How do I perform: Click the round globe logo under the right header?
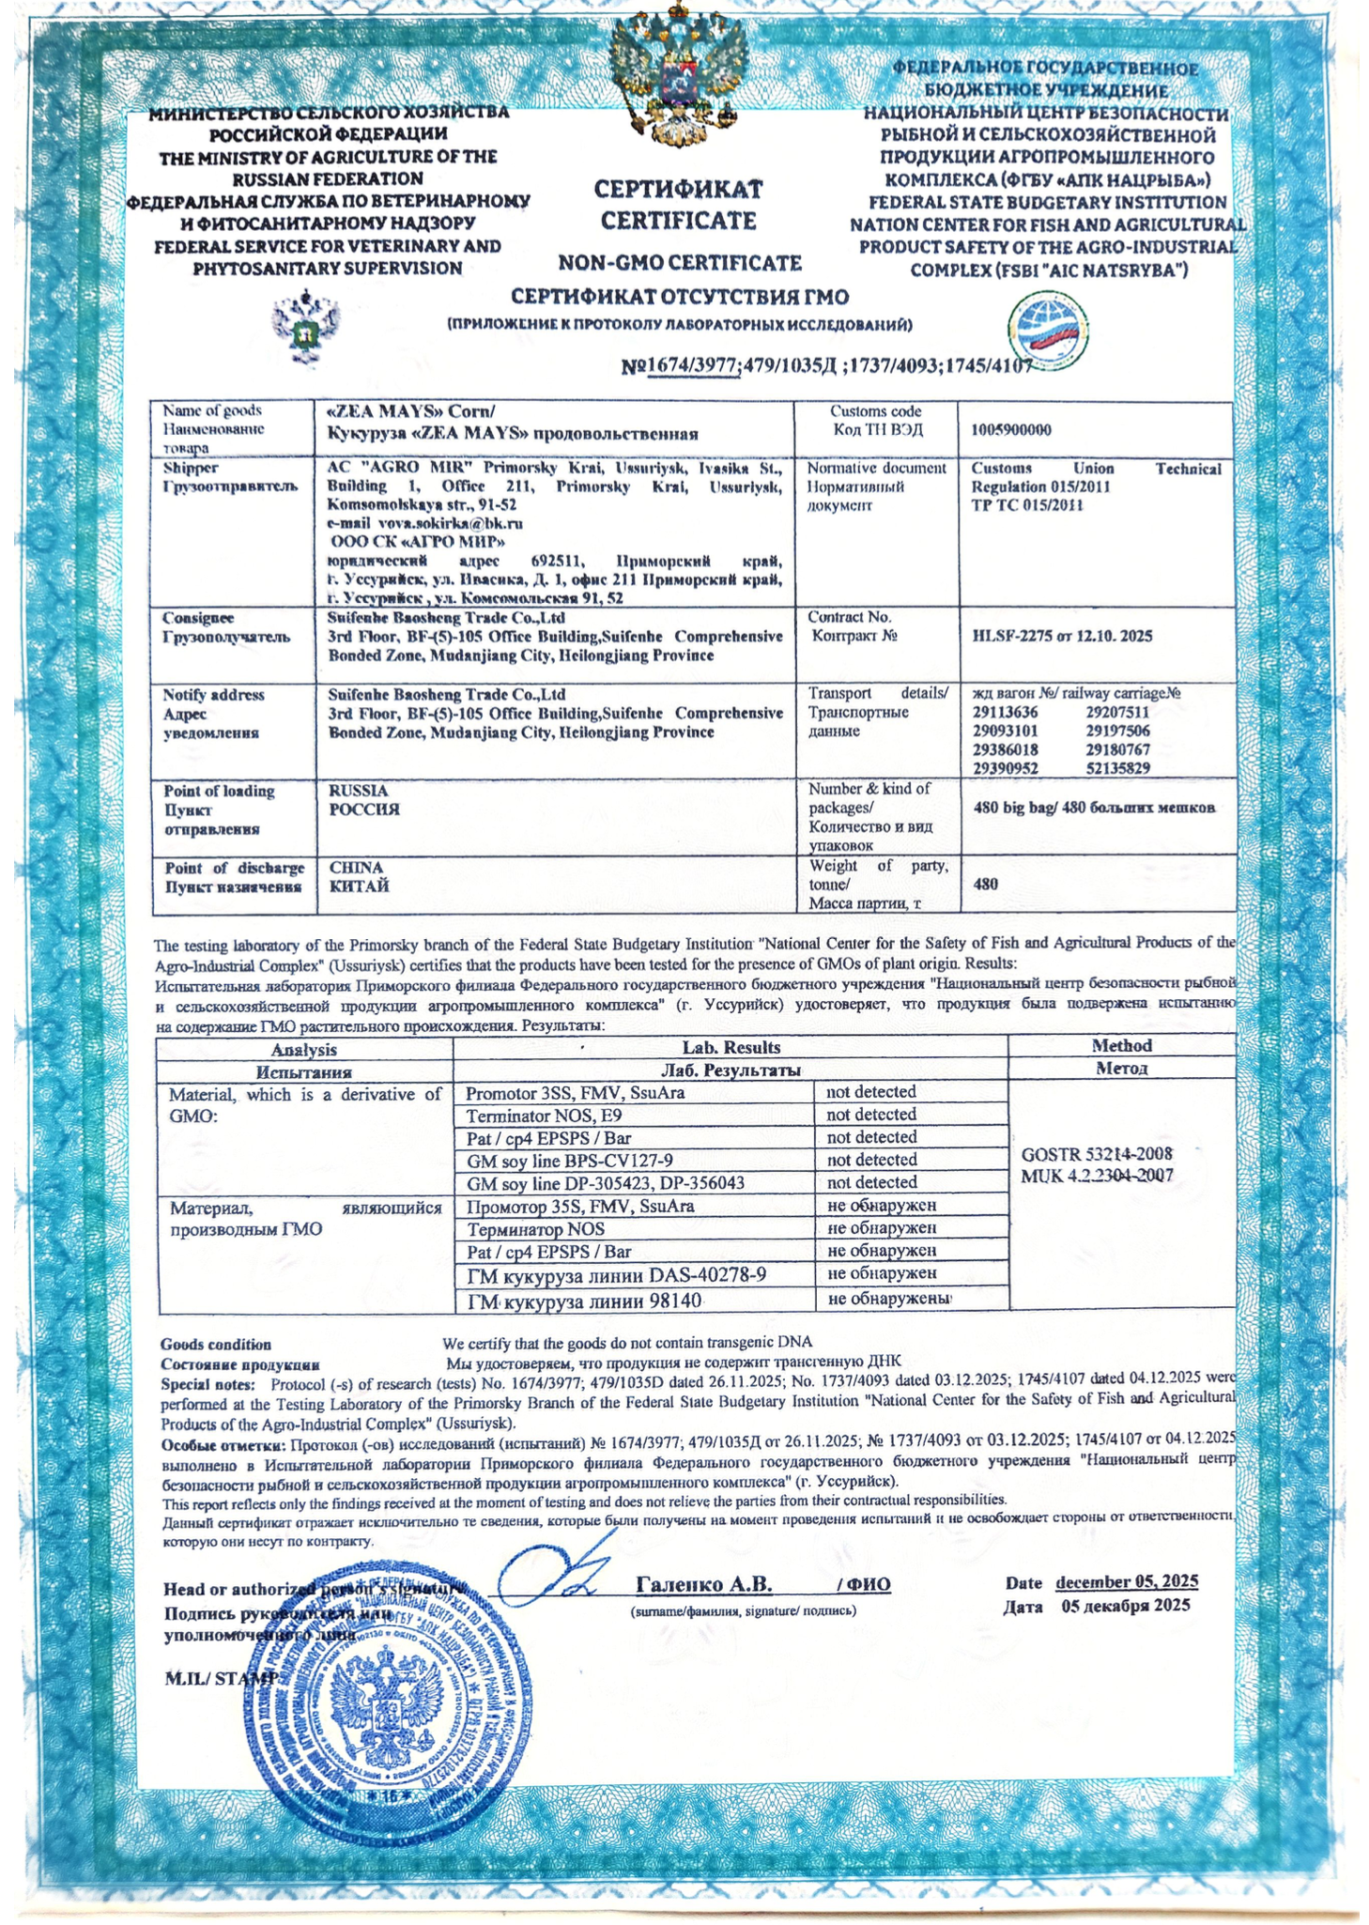(x=1050, y=332)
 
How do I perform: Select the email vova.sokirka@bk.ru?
(x=424, y=523)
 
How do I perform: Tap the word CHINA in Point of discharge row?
(x=356, y=867)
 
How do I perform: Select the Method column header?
(x=1121, y=1045)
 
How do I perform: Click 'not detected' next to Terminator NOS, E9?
(x=870, y=1115)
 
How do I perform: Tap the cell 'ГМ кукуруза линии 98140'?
(x=584, y=1301)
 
